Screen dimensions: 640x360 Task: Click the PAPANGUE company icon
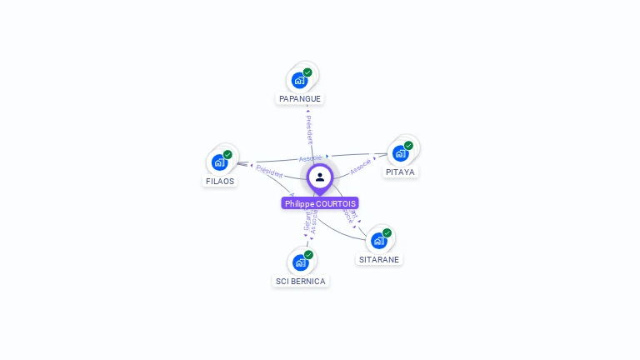[298, 81]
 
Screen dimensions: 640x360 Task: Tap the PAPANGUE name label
[300, 98]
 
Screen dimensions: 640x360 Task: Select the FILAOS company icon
[219, 162]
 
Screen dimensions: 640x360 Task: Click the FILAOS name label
[220, 181]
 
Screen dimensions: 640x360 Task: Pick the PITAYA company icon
[400, 153]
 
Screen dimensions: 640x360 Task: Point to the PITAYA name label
[400, 172]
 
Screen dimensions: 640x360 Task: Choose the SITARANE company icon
[378, 241]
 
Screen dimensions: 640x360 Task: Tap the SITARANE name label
[379, 259]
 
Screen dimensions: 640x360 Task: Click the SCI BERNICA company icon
[299, 262]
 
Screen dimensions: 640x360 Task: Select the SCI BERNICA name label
[301, 281]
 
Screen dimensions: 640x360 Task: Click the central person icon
[320, 177]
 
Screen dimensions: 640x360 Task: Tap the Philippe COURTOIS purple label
[320, 203]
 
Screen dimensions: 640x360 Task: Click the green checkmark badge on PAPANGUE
[307, 72]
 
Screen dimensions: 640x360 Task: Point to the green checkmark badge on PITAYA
[408, 145]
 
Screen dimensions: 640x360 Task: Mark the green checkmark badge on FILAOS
[227, 154]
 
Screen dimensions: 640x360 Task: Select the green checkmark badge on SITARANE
[387, 232]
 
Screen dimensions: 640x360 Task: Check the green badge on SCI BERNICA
[308, 254]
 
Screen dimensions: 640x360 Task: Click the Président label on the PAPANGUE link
[309, 129]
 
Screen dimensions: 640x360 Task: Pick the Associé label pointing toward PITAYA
[361, 166]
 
